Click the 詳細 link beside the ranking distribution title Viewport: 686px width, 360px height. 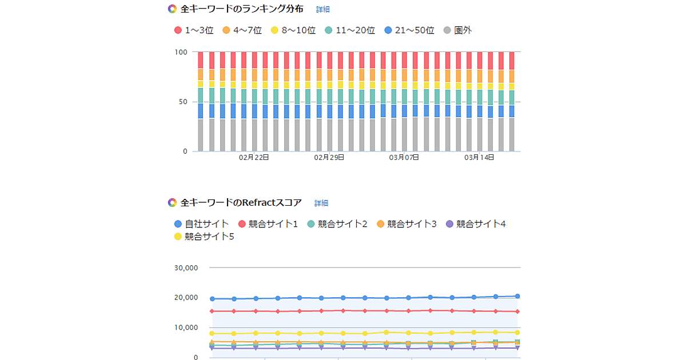[323, 10]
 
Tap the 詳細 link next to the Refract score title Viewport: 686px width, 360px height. [321, 203]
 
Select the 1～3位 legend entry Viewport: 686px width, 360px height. [194, 30]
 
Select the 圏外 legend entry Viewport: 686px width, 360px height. [457, 30]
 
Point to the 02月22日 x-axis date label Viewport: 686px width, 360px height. [254, 158]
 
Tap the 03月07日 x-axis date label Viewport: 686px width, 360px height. [404, 158]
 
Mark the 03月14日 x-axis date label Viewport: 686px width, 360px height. [479, 158]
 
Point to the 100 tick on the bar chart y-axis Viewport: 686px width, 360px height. [181, 52]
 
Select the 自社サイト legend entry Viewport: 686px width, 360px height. [201, 224]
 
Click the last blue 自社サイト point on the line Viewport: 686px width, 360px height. [517, 296]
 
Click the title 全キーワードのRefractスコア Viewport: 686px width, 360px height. [241, 203]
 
